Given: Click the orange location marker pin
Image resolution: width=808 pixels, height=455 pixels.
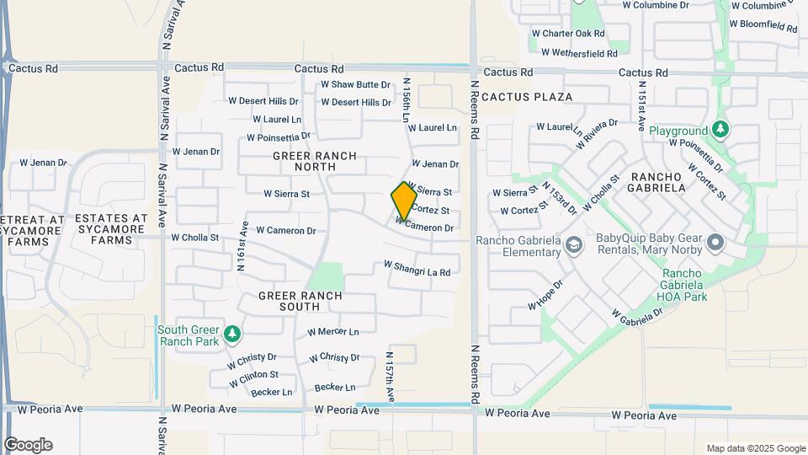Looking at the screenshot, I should tap(403, 201).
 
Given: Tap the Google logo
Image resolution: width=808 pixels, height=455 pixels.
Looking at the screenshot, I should tap(28, 444).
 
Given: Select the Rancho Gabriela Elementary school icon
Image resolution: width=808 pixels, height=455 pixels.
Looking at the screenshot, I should tap(574, 245).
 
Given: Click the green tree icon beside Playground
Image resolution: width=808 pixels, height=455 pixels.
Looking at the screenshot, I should tap(720, 130).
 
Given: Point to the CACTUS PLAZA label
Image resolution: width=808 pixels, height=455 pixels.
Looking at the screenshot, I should tap(527, 97).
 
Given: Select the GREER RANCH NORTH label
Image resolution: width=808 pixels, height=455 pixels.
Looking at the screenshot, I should tap(315, 163).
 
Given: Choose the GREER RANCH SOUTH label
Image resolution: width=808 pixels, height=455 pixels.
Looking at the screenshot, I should tap(300, 301).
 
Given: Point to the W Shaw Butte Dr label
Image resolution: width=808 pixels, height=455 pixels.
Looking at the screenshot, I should tap(355, 85).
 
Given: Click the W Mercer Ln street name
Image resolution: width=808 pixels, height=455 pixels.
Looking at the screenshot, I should tap(332, 332).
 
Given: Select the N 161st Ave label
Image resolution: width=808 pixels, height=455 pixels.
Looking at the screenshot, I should tap(242, 245).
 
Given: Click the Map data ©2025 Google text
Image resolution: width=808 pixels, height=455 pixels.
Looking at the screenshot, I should tap(756, 448).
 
